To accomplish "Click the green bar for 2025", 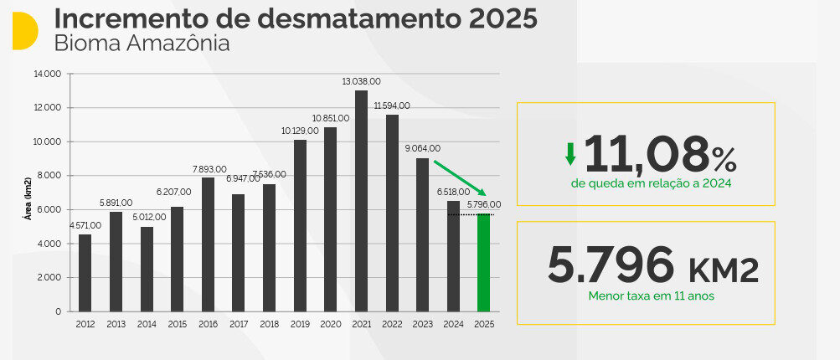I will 483,262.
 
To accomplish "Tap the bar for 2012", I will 85,272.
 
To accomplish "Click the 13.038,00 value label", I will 361,81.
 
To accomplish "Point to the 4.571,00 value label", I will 85,225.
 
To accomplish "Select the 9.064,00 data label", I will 421,148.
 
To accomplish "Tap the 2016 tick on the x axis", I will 208,324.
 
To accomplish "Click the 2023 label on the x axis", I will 422,324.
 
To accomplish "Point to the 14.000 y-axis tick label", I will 48,74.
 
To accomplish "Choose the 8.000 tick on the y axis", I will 49,176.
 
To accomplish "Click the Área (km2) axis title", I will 28,198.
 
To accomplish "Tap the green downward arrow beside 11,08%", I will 570,153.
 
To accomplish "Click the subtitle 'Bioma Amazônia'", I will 142,44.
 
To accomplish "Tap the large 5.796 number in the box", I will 611,265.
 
